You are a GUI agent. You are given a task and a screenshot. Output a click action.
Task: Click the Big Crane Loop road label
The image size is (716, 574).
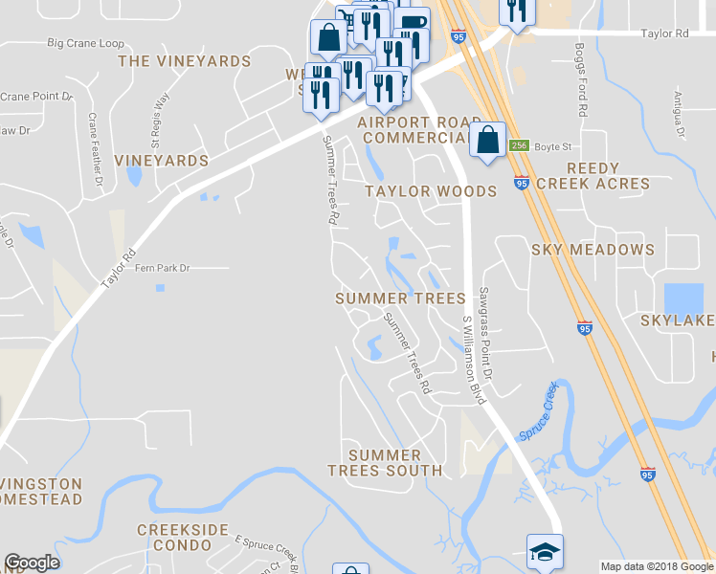pos(86,44)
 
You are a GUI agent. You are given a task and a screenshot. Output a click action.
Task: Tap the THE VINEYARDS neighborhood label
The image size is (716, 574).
pos(184,61)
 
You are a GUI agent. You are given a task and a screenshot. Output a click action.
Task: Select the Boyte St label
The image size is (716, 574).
pos(553,146)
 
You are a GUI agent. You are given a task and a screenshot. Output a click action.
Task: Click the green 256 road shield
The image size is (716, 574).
pos(519,145)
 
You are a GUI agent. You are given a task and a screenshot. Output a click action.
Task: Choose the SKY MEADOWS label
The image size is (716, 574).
pos(593,250)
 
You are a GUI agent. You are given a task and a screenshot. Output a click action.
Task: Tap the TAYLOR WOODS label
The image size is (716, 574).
pos(431,191)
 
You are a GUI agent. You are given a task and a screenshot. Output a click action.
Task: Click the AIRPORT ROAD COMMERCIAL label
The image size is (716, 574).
pos(420,130)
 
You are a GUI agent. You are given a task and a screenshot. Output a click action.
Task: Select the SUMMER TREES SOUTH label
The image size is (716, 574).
pos(385,463)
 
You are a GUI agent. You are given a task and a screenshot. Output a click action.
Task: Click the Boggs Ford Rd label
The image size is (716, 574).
pos(581,80)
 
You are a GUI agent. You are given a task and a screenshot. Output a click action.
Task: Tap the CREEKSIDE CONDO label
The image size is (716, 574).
pos(183,537)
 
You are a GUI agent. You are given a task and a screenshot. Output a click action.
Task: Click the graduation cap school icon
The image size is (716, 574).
pos(545,551)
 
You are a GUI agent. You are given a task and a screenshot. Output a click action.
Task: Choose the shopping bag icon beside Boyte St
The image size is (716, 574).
pos(487,140)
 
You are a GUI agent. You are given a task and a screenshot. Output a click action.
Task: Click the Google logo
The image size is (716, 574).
pos(32,563)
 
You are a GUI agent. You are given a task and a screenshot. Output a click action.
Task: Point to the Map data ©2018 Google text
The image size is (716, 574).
pos(656,566)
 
